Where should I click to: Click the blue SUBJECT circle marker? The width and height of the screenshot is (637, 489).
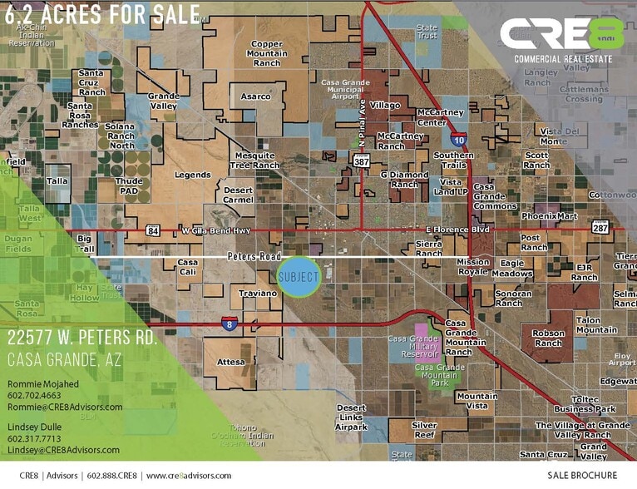(x=298, y=277)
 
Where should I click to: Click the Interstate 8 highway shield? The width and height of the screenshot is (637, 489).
(x=227, y=324)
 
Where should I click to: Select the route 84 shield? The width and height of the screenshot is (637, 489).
(x=152, y=230)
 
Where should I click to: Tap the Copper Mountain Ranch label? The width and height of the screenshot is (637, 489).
(x=266, y=53)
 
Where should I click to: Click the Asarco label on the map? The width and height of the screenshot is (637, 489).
(x=255, y=97)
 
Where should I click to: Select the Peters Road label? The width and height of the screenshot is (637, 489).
(x=254, y=256)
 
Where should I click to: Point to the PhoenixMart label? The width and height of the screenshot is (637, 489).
(x=549, y=216)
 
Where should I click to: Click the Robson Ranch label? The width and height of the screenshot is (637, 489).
(x=548, y=338)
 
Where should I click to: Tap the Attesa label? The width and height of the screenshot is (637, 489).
(x=231, y=362)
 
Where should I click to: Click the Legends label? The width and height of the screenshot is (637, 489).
(x=192, y=175)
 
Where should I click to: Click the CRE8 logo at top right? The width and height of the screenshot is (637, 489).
(x=562, y=36)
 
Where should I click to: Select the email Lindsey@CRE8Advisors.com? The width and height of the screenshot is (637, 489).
(x=63, y=450)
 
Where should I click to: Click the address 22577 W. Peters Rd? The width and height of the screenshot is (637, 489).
(x=81, y=339)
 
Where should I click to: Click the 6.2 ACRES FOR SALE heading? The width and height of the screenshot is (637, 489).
(x=101, y=14)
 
